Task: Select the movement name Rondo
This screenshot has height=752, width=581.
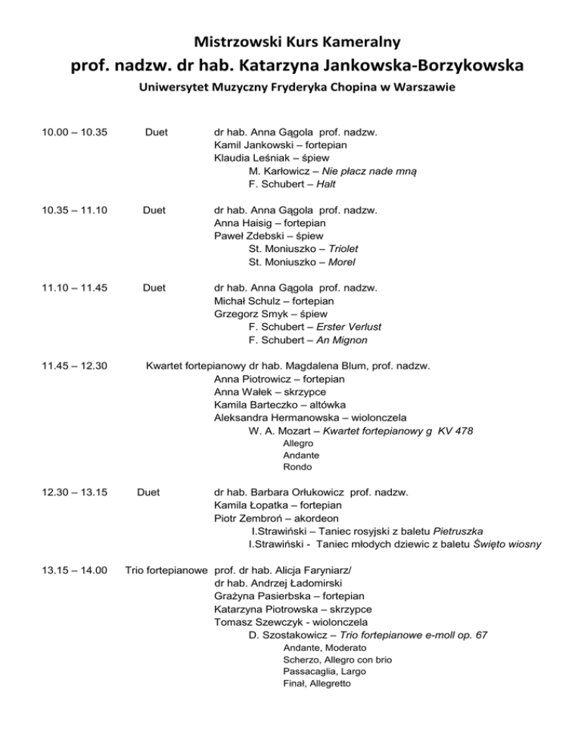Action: (297, 467)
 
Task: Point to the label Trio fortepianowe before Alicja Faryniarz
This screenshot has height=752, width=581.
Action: (166, 570)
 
